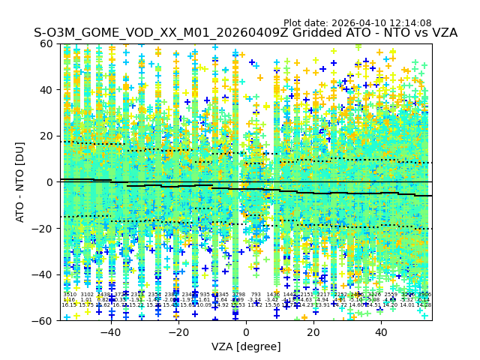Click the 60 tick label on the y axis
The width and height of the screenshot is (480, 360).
(46, 43)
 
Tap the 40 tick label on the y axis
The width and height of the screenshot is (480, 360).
(46, 90)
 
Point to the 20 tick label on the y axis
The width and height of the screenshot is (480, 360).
(46, 136)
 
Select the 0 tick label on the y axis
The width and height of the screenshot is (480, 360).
(49, 182)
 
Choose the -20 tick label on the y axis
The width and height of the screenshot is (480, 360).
(43, 228)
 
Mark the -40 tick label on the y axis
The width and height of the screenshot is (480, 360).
(43, 274)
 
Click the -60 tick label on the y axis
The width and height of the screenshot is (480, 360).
(43, 320)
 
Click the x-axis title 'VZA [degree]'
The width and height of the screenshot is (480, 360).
(246, 346)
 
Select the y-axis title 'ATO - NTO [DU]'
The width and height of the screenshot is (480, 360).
(20, 182)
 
